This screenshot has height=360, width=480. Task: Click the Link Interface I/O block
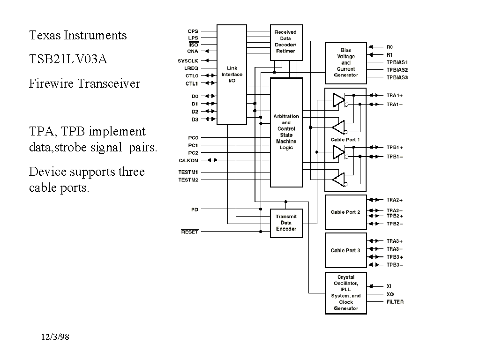(x=232, y=75)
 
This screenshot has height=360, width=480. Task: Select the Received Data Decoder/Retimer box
(x=286, y=42)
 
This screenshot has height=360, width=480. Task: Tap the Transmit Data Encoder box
(x=286, y=223)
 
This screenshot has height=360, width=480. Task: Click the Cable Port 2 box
(x=345, y=212)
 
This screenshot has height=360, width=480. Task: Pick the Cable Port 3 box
(x=345, y=250)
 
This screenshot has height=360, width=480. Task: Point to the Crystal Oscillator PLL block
(x=345, y=293)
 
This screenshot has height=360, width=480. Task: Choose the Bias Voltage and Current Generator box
(x=345, y=63)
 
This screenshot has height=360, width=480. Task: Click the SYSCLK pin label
(x=188, y=61)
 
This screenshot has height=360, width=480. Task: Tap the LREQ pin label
(x=191, y=68)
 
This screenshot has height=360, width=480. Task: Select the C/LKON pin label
(x=188, y=160)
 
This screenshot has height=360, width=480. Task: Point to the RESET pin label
(x=190, y=232)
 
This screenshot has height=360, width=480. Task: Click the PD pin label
(x=195, y=210)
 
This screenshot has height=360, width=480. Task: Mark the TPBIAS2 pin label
(x=397, y=69)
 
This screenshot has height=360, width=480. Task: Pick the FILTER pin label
(x=395, y=302)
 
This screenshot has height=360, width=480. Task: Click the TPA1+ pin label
(x=395, y=95)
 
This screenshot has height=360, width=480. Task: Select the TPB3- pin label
(x=395, y=265)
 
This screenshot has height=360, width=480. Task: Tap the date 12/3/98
(x=55, y=337)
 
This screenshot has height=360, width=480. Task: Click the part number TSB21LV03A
(x=68, y=60)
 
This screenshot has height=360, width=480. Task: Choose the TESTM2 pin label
(x=188, y=180)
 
